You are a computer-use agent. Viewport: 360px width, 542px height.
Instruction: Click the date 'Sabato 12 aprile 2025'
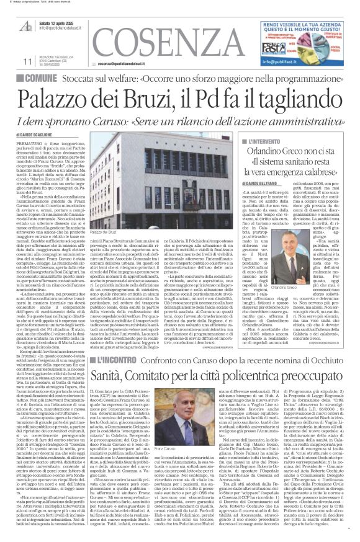(61, 24)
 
